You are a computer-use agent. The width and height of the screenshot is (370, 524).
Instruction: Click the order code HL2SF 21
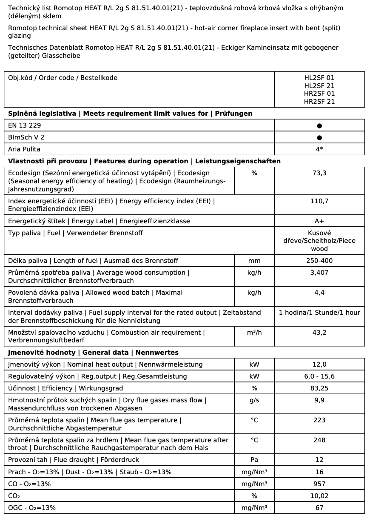[319, 85]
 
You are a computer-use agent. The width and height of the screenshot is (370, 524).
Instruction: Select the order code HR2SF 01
[319, 94]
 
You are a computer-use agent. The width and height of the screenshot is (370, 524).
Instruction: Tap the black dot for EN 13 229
[319, 126]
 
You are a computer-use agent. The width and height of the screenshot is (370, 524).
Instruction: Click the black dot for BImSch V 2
[319, 138]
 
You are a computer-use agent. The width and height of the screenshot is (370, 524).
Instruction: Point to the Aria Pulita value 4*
[319, 149]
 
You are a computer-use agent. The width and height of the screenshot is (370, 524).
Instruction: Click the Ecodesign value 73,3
[319, 173]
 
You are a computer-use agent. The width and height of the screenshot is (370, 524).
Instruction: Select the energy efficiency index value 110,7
[319, 201]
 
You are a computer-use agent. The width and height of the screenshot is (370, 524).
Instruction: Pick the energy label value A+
[319, 221]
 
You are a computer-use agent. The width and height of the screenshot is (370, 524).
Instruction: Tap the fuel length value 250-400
[319, 261]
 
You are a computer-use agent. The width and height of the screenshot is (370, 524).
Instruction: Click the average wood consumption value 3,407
[319, 273]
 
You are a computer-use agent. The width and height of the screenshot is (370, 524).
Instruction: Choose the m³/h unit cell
[254, 333]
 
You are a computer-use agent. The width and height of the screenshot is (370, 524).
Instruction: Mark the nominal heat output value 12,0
[319, 365]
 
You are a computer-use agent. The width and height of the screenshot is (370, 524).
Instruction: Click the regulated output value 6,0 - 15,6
[319, 376]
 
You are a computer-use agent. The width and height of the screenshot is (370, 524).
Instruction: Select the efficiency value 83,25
[319, 388]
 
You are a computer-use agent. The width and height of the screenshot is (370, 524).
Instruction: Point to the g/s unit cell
[254, 400]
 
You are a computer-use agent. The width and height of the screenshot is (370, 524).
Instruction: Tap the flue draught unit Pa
[254, 460]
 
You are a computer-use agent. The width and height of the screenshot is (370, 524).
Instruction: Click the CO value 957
[319, 484]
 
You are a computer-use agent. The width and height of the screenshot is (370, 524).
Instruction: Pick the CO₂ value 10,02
[319, 496]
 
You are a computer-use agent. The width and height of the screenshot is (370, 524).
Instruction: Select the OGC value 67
[319, 508]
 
